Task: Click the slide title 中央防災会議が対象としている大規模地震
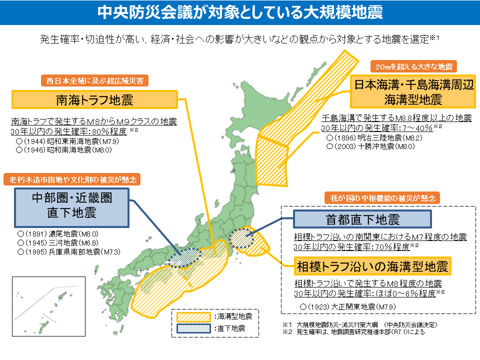[240, 12]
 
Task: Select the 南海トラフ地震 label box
[94, 100]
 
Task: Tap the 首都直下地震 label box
[362, 219]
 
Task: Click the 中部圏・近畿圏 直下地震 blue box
[72, 205]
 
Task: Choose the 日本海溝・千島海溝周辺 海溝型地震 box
[413, 91]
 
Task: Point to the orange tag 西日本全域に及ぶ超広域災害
[94, 80]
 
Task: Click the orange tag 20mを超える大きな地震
[413, 66]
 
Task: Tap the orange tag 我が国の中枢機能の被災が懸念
[382, 197]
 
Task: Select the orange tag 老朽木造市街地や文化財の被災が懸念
[72, 179]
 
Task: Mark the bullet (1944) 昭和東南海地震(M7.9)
[67, 141]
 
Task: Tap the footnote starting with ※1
[360, 324]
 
